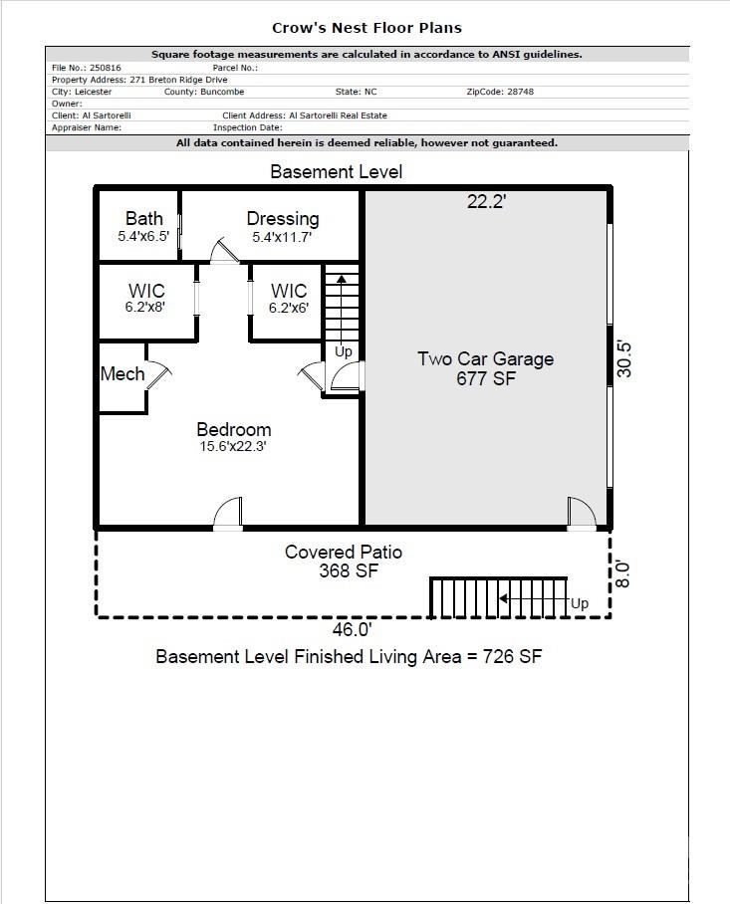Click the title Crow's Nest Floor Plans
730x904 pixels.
coord(366,28)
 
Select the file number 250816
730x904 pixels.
coord(104,68)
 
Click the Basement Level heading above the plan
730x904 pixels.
coord(337,172)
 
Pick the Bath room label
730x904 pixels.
coord(143,219)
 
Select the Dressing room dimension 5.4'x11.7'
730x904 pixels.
coord(283,238)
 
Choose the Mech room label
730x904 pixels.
coord(122,374)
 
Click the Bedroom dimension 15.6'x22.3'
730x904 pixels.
coord(233,447)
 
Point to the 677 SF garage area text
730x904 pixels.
coord(485,378)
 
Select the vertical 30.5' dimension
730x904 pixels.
coord(624,358)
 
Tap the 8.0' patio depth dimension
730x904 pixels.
coord(624,573)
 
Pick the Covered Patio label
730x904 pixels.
coord(344,552)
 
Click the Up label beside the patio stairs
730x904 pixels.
coord(579,603)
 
